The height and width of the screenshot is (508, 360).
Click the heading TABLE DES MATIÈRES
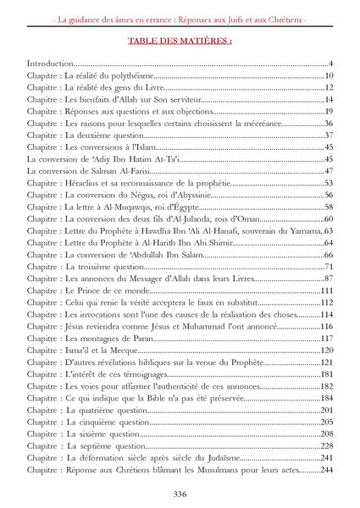[x=180, y=40]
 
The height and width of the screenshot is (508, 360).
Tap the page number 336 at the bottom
[x=180, y=494]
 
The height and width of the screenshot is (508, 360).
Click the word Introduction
[x=50, y=64]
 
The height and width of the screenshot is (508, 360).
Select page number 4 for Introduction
[x=331, y=64]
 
